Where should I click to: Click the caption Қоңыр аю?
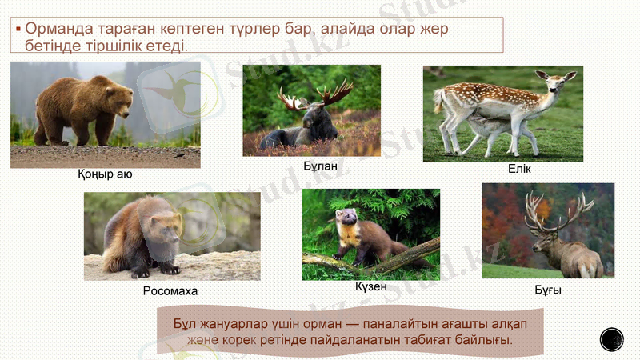pyautogui.click(x=105, y=174)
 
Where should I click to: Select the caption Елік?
pyautogui.click(x=518, y=170)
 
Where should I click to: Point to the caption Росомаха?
pyautogui.click(x=170, y=291)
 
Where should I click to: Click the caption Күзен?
pyautogui.click(x=370, y=286)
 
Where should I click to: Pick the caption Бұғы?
pyautogui.click(x=548, y=290)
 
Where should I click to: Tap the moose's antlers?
pyautogui.click(x=317, y=94)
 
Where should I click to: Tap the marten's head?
pyautogui.click(x=346, y=218)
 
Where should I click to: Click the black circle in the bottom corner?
pyautogui.click(x=611, y=339)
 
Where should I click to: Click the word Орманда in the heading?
pyautogui.click(x=58, y=28)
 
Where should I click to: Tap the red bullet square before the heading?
pyautogui.click(x=18, y=29)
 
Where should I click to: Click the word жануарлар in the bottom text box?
pyautogui.click(x=234, y=324)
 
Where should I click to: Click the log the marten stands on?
pyautogui.click(x=400, y=256)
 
